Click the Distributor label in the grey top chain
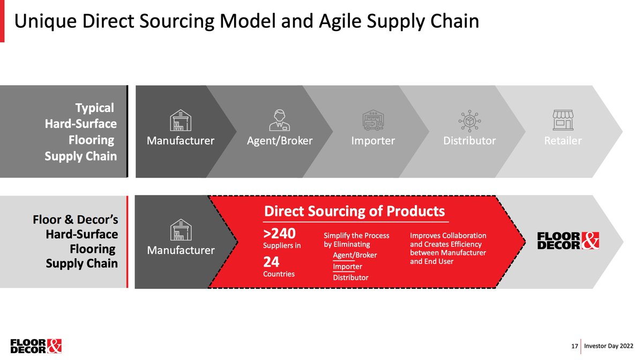[469, 141]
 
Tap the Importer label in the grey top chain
[373, 141]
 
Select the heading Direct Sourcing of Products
[354, 211]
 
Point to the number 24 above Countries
[271, 262]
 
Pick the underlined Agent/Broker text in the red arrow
[355, 255]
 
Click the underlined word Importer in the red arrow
[347, 266]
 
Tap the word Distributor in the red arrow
[350, 277]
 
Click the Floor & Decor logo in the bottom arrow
[567, 241]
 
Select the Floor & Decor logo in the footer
[36, 346]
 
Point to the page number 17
[574, 347]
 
